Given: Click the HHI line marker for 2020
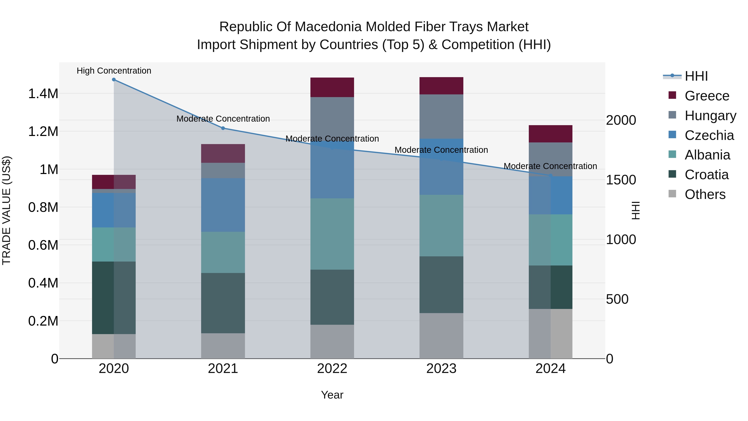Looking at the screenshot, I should [x=114, y=80].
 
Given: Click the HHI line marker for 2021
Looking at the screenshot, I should [x=223, y=128].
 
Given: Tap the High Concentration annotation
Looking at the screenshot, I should [x=114, y=71].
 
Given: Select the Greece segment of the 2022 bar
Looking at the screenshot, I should [x=332, y=87].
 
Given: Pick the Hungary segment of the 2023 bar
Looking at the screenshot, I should [x=441, y=116].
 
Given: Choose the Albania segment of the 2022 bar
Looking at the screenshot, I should [x=332, y=234].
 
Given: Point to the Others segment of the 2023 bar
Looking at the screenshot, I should [x=441, y=336].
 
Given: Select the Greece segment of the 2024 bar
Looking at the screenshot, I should [x=551, y=134].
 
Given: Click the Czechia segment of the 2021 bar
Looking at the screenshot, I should [x=223, y=205].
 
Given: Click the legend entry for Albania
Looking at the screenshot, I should [x=707, y=155].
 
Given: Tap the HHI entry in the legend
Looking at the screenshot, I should [x=696, y=76].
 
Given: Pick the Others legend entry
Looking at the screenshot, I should [x=705, y=194].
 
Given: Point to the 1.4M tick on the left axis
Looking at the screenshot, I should [x=43, y=94].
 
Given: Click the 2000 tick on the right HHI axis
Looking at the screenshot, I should [x=621, y=120].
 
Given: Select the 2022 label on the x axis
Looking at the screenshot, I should [x=332, y=369].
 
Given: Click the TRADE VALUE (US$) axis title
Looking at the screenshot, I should [x=6, y=210].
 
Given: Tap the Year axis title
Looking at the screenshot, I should [x=332, y=395].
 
